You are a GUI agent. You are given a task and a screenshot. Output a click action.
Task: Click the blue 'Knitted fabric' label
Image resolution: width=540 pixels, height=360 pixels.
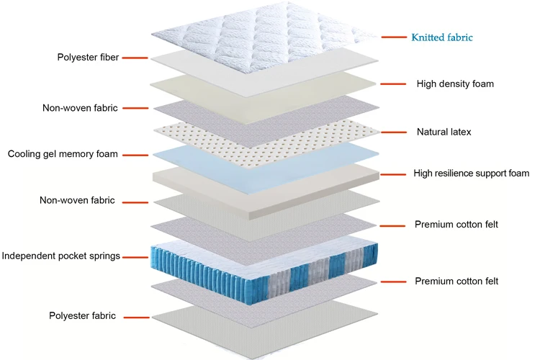point(442,37)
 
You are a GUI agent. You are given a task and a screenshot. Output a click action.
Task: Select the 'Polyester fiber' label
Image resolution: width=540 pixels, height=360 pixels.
point(89,57)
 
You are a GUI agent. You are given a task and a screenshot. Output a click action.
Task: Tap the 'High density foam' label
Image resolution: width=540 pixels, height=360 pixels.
point(455,84)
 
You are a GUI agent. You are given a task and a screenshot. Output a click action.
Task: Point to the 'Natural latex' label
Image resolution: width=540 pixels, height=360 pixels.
point(444,132)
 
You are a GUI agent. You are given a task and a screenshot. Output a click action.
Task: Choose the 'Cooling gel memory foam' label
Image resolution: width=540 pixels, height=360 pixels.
point(63,154)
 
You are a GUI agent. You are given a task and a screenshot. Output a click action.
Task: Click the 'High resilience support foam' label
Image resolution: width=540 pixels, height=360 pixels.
point(472,174)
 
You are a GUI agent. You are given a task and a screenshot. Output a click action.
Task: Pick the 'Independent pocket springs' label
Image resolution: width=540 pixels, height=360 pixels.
point(60,256)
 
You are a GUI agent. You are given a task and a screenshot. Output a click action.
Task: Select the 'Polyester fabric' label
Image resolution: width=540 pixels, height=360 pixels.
point(82,316)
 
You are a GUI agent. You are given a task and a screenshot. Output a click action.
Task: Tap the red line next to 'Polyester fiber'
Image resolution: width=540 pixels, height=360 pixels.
point(135,58)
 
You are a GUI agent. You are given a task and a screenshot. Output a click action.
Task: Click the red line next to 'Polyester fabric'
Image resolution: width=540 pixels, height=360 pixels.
point(135,317)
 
